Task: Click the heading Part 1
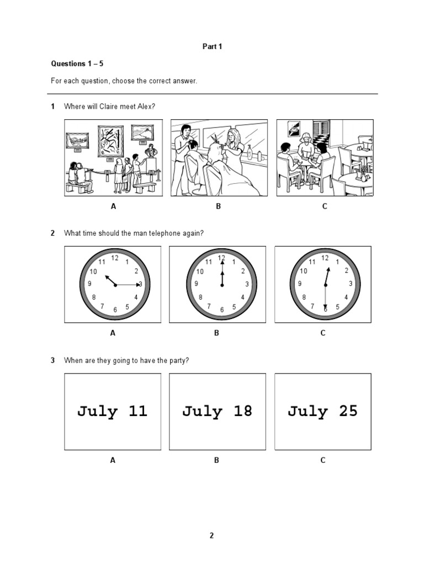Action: [x=212, y=47]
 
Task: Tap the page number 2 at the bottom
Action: [x=211, y=535]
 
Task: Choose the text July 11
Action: [x=113, y=411]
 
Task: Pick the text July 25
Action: [x=323, y=411]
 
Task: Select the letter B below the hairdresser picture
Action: [x=218, y=206]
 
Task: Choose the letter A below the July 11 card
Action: [x=113, y=460]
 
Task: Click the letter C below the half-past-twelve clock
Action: [x=323, y=333]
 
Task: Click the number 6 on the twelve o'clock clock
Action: [x=222, y=310]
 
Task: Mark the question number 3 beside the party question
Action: [x=53, y=360]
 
